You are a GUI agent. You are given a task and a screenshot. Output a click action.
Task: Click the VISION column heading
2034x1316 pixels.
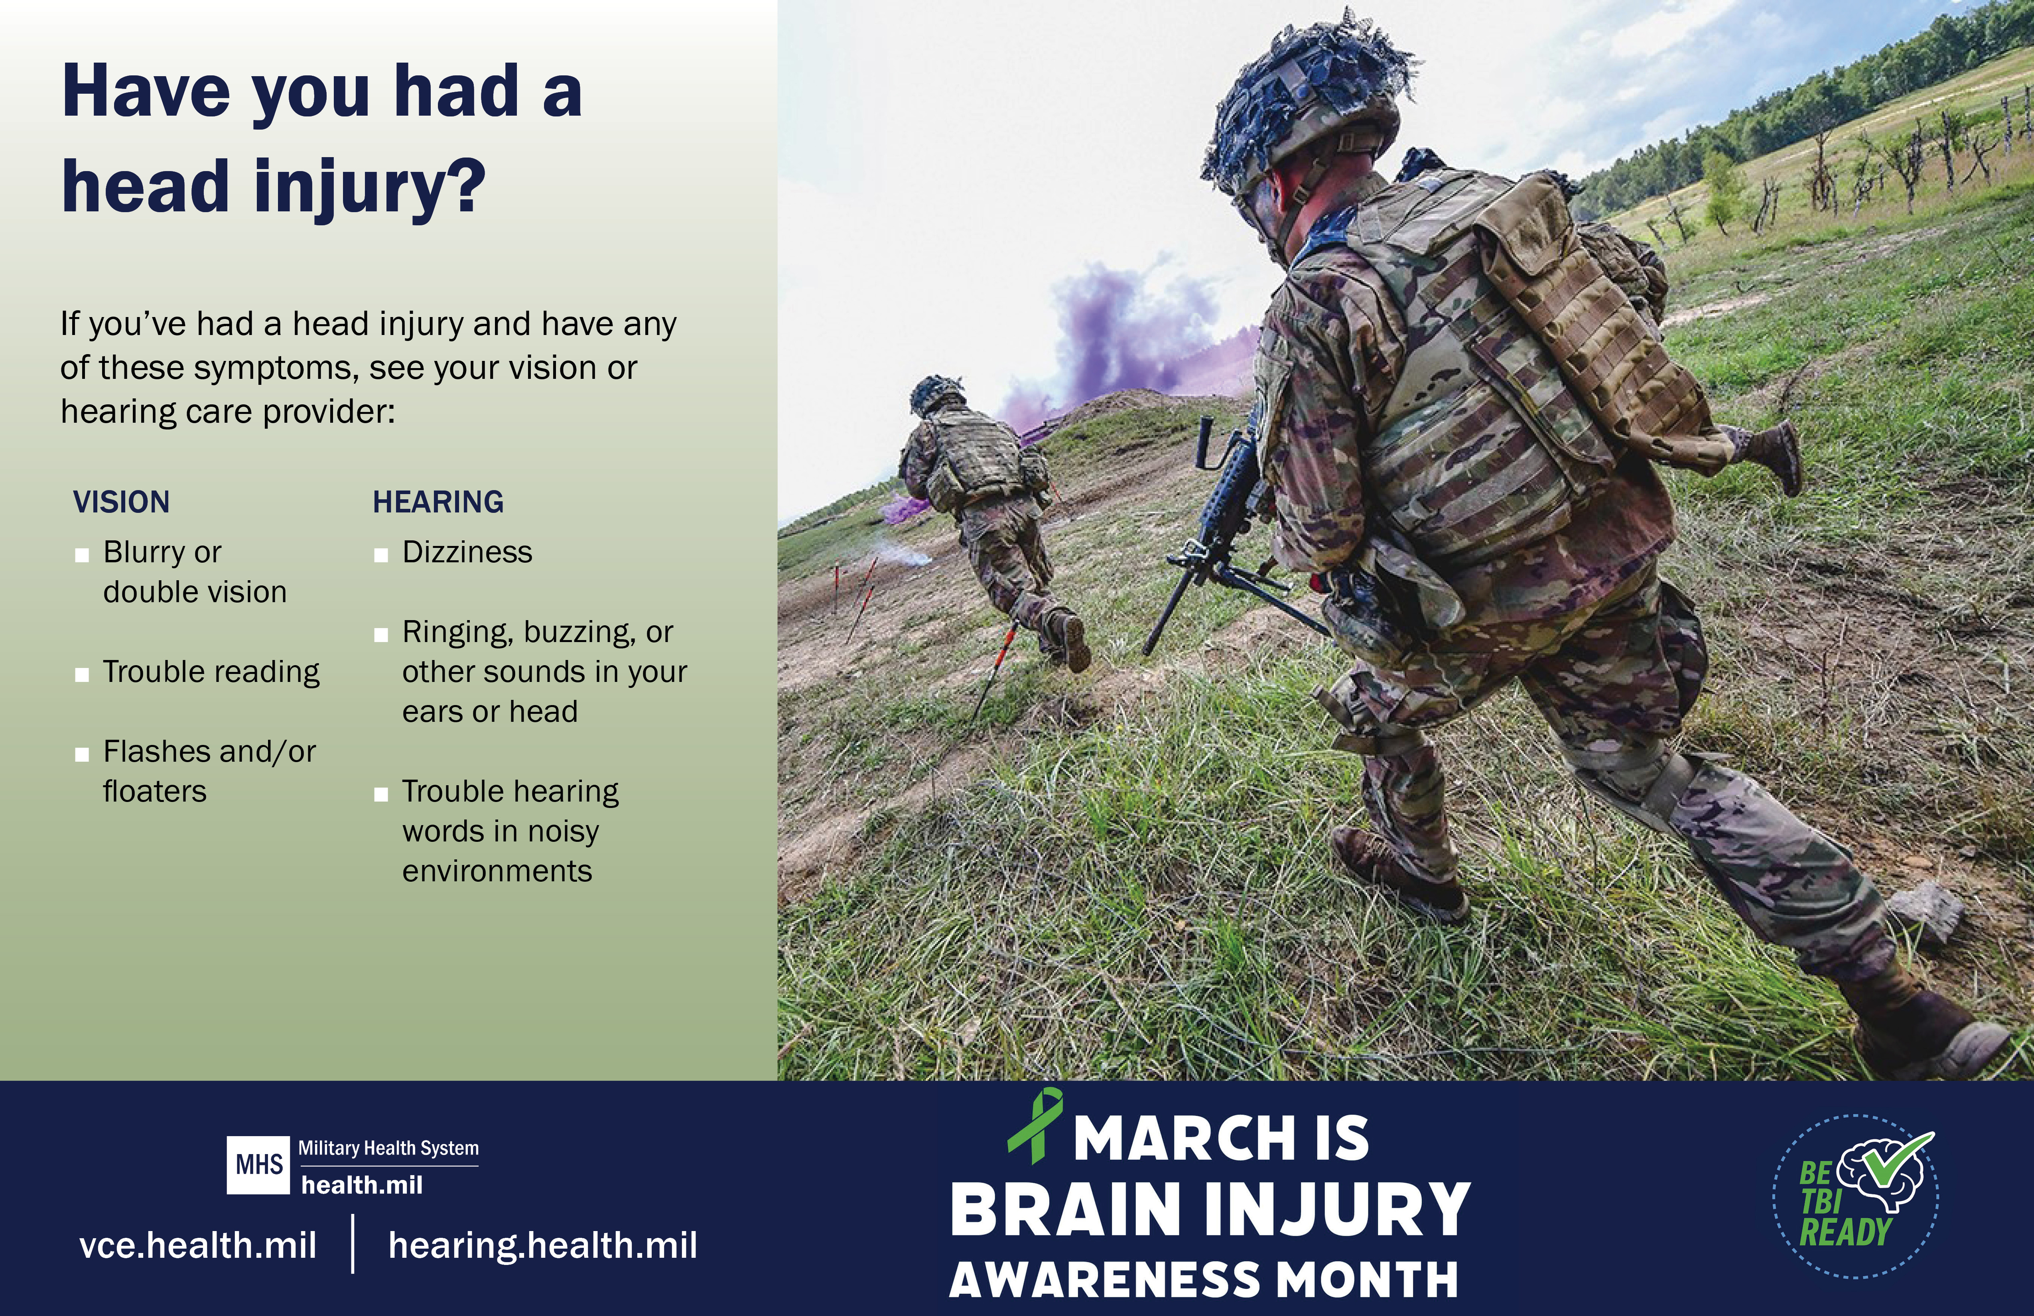[x=121, y=502]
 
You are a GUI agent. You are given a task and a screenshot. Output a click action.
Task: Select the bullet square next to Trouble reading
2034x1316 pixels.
[x=82, y=675]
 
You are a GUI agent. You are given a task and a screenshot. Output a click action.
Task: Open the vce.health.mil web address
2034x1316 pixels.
[x=198, y=1245]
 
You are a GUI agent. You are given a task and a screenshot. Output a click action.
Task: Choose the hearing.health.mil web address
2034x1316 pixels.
[x=543, y=1245]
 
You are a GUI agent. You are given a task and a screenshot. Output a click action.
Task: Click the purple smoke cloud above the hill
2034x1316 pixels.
[x=1137, y=333]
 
